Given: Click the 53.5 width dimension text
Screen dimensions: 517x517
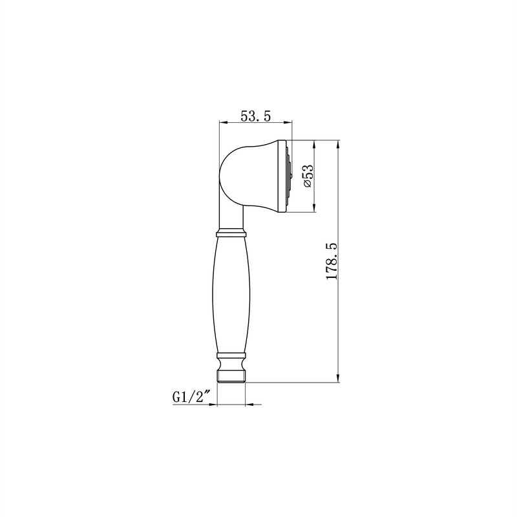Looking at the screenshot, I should (x=255, y=116).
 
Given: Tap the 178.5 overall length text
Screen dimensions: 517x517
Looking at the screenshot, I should (x=332, y=262).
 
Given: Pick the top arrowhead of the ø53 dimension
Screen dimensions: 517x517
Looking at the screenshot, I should (x=315, y=143).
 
